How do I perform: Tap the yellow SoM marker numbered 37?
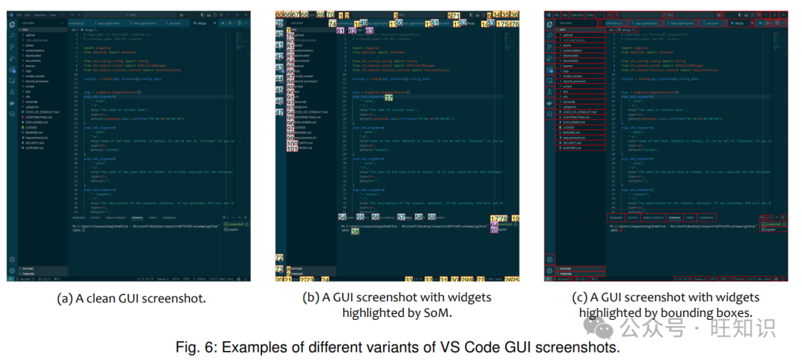click(x=389, y=98)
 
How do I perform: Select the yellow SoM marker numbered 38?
click(x=355, y=232)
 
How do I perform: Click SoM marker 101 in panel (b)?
click(x=292, y=148)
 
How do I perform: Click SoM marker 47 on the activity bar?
click(x=280, y=112)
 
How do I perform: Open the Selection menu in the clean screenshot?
click(x=39, y=14)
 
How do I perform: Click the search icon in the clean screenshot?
click(x=11, y=35)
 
